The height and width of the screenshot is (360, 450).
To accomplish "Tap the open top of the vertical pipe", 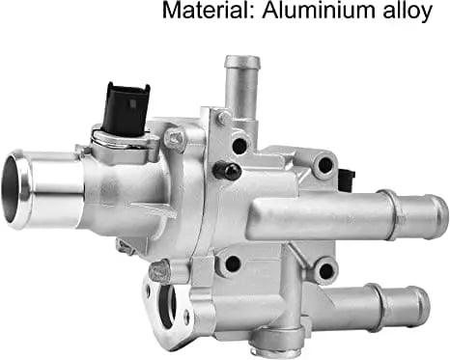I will tap(242, 63).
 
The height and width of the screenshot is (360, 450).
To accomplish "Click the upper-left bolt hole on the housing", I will tap(239, 146).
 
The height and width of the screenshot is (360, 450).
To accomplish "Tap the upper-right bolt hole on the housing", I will tap(325, 165).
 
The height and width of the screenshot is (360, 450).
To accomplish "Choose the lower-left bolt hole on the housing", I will tap(232, 262).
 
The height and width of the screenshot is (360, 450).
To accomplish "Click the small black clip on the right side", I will tap(346, 180).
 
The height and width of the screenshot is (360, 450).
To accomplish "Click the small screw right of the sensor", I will tap(174, 140).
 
